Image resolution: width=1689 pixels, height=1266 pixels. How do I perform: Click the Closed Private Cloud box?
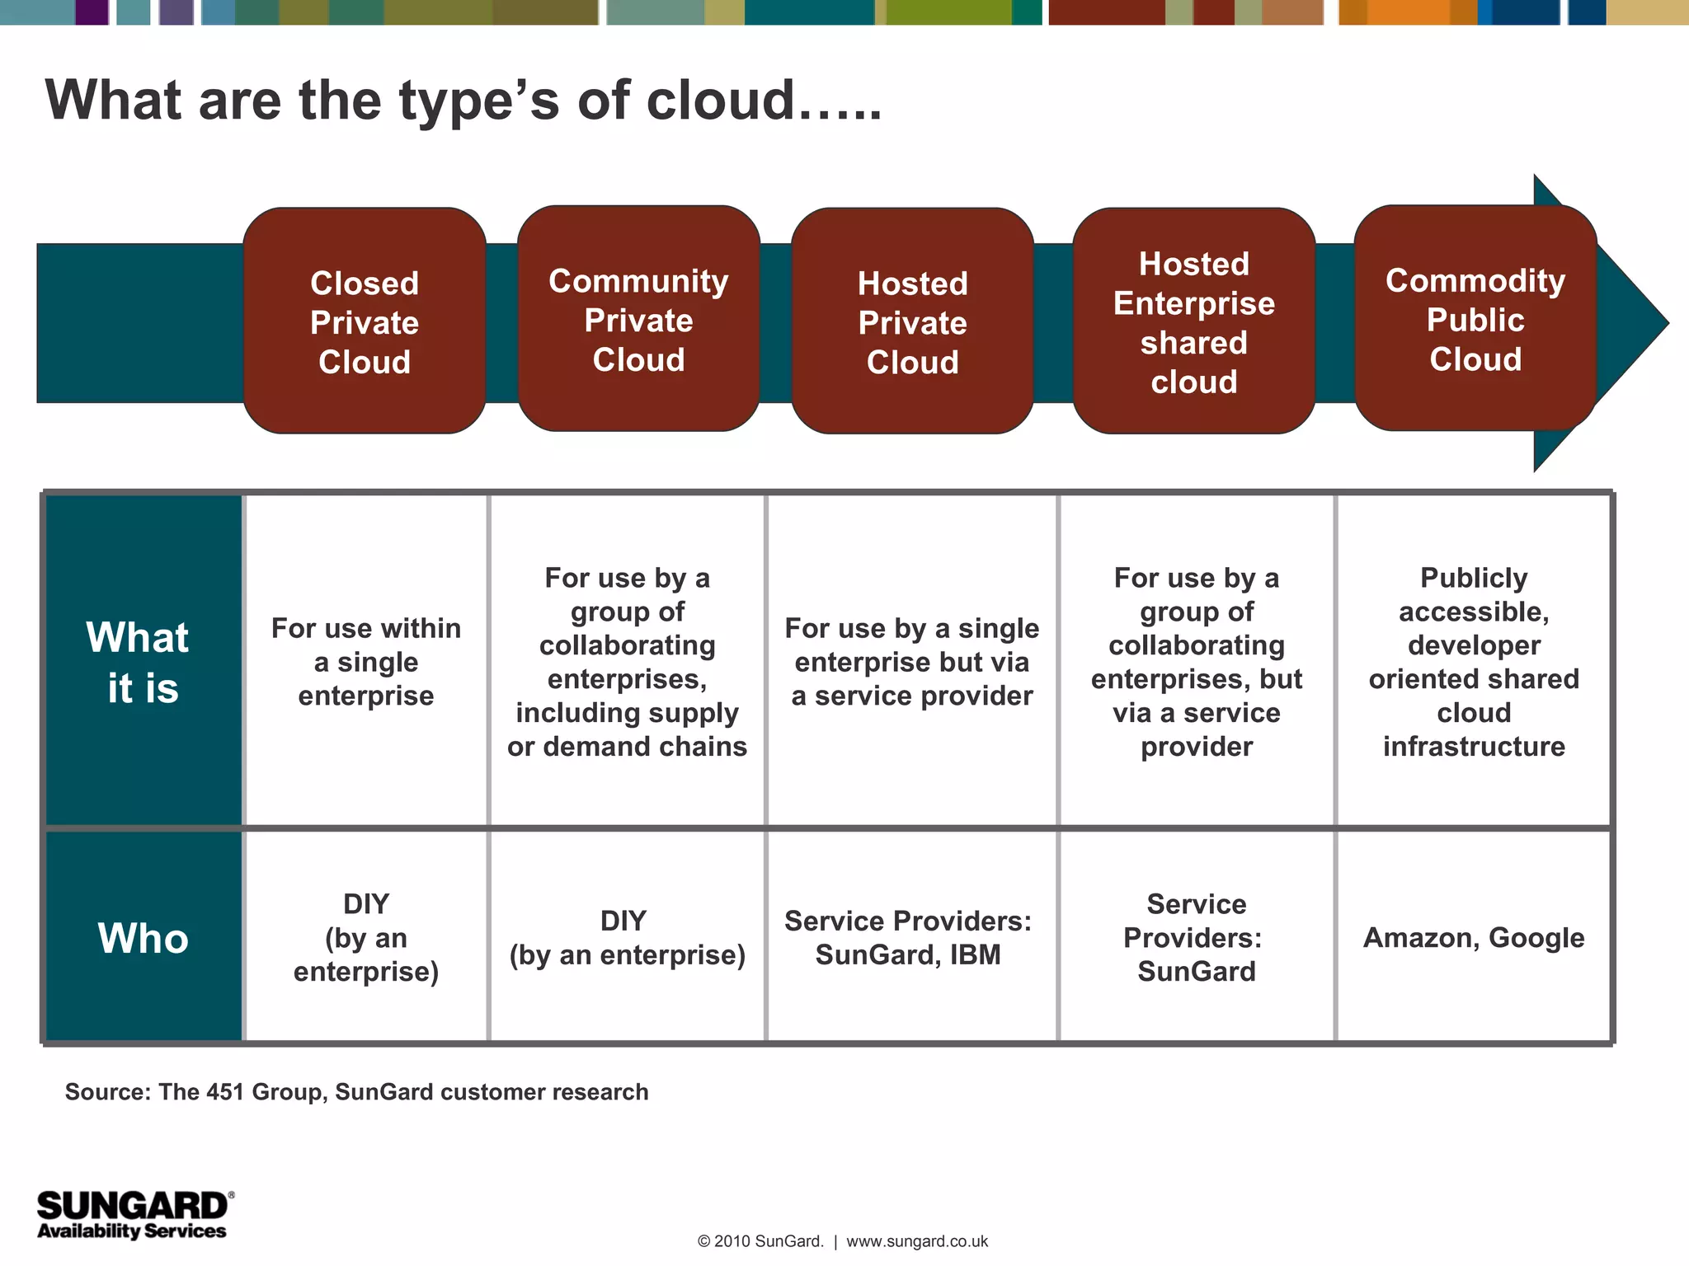365,321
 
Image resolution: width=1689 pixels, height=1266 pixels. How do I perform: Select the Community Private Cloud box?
638,320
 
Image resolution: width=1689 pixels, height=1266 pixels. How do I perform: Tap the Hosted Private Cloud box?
912,321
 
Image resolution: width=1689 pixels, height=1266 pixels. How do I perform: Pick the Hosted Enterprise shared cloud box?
1193,321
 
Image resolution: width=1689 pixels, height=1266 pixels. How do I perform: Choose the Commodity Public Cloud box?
1475,319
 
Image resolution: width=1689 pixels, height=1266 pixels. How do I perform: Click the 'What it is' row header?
143,662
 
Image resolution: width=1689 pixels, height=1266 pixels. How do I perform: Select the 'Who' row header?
143,938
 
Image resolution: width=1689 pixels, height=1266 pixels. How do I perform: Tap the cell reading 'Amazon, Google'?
1474,938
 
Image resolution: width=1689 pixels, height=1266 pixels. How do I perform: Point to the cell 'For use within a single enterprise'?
366,662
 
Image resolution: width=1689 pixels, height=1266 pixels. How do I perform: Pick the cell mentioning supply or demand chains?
627,662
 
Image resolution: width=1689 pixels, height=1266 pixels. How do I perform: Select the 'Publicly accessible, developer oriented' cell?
1474,662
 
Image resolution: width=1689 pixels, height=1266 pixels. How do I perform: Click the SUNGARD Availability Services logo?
134,1215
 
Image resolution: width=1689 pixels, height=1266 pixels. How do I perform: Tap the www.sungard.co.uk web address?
917,1241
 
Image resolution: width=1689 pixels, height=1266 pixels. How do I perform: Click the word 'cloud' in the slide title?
720,101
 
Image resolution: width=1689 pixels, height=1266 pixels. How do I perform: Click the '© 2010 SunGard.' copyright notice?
760,1241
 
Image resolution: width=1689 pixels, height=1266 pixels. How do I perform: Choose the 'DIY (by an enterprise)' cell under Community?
627,938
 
